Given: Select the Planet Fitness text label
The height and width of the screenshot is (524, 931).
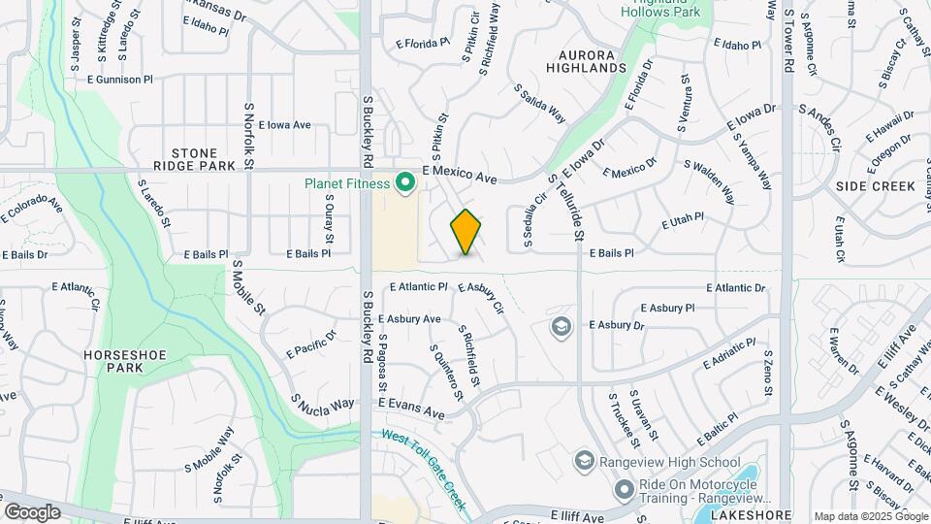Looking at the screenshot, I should pos(347,182).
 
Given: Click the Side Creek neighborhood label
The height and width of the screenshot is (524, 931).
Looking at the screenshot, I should pos(876,185).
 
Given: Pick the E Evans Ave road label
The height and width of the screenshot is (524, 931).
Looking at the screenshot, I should pos(411,408).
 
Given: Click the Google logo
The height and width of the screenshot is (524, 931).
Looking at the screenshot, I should pos(32,511).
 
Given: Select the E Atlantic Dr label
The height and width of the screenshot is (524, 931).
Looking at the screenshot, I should pos(735,288).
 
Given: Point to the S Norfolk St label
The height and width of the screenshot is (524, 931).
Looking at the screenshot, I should pos(249,137).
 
